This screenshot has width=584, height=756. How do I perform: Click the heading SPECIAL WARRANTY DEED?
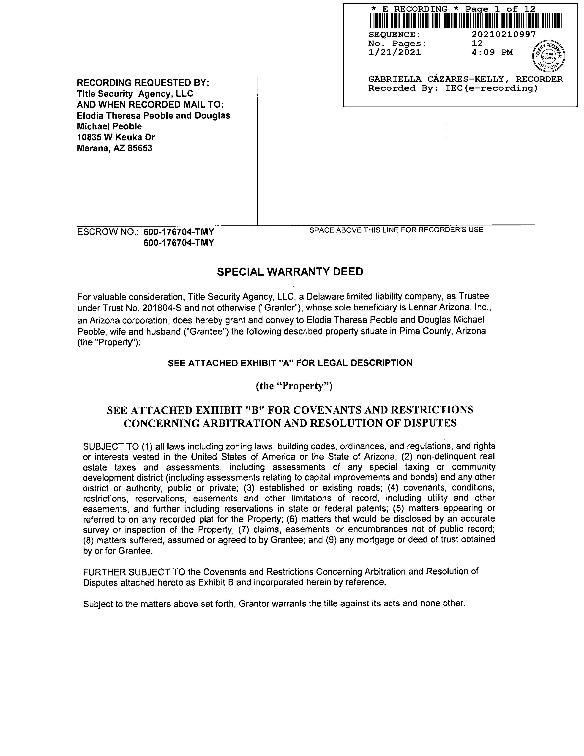tap(290, 272)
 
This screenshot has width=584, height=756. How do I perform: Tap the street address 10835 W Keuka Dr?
tap(116, 137)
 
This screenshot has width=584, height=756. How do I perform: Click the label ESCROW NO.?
tap(108, 232)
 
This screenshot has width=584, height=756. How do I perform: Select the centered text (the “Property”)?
tap(294, 386)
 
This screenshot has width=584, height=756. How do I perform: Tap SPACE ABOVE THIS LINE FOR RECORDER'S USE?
tap(396, 230)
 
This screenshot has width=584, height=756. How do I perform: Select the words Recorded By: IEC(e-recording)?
tap(453, 88)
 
